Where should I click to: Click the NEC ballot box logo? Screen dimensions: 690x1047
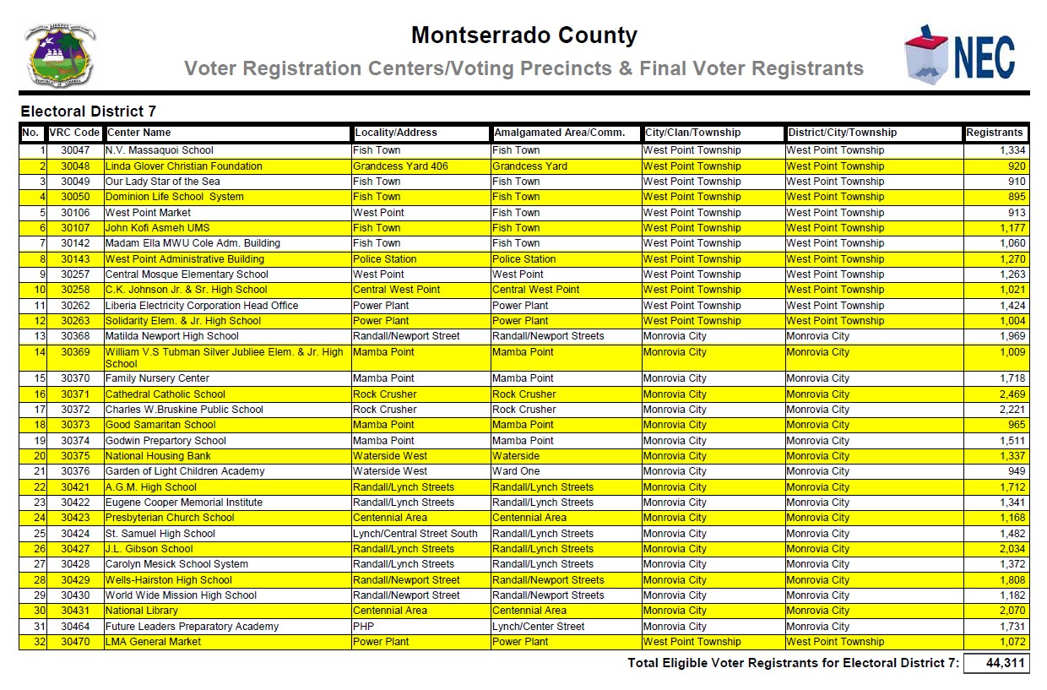pos(959,53)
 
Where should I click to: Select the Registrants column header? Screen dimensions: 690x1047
pos(995,133)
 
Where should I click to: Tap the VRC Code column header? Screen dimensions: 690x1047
pos(74,133)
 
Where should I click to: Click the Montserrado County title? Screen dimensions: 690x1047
pos(523,35)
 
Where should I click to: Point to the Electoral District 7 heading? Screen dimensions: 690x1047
pos(88,111)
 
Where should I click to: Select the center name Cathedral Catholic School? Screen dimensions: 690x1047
pos(165,394)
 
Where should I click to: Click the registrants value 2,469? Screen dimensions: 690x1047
pos(1012,394)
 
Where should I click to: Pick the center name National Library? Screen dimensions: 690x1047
pos(141,611)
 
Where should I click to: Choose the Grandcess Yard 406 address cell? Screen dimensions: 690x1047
pos(400,166)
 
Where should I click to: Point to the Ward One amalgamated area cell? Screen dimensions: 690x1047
pos(516,471)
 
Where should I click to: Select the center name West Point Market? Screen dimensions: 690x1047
pos(148,213)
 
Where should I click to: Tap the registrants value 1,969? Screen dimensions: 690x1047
pos(1012,336)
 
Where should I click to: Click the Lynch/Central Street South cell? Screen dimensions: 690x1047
pos(415,534)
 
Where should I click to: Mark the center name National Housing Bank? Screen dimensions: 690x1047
pos(158,456)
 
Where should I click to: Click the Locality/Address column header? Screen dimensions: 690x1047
pos(396,133)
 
